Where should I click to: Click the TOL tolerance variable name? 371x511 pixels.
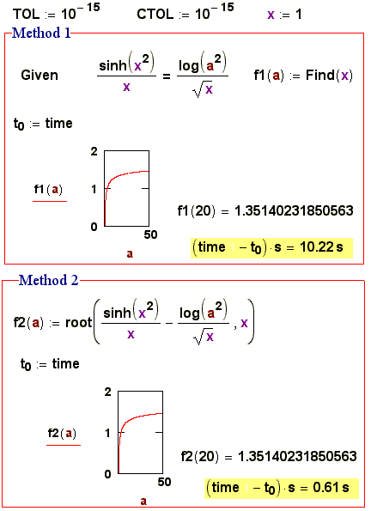[26, 14]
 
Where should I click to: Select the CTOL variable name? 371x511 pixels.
[155, 14]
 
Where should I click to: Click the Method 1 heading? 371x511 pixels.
[41, 33]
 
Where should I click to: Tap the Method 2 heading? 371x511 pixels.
[49, 280]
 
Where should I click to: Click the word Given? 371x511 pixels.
[40, 76]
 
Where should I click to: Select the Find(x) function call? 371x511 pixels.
[329, 76]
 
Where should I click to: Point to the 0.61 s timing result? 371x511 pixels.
[331, 488]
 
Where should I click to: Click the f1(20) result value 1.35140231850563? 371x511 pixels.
[294, 211]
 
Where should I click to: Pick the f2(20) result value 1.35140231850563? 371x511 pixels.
[297, 456]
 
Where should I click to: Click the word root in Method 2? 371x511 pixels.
[78, 323]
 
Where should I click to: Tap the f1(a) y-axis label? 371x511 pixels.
[48, 189]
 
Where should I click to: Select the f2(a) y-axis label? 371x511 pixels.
[62, 433]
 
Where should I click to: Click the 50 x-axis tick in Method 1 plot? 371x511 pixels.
[150, 234]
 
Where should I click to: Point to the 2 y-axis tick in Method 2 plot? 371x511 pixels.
[108, 392]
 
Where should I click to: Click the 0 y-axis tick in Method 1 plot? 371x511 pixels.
[94, 227]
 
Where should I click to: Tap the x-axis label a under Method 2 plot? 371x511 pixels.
[143, 501]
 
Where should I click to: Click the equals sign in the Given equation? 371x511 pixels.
[167, 76]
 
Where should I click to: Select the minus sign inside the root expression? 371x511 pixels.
[169, 324]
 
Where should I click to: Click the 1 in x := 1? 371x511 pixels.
[298, 15]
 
